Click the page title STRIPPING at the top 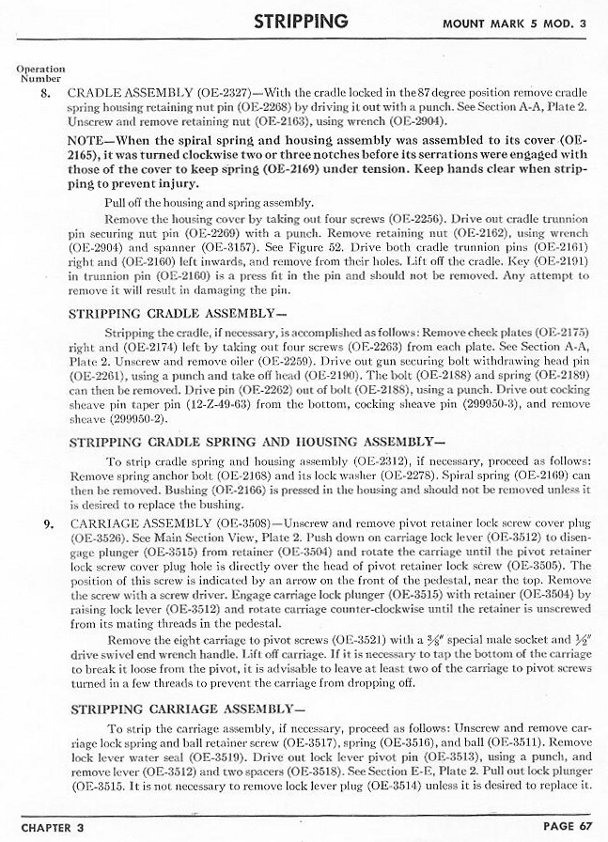(x=302, y=21)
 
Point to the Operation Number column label (x=40, y=73)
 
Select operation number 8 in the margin (x=43, y=93)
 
